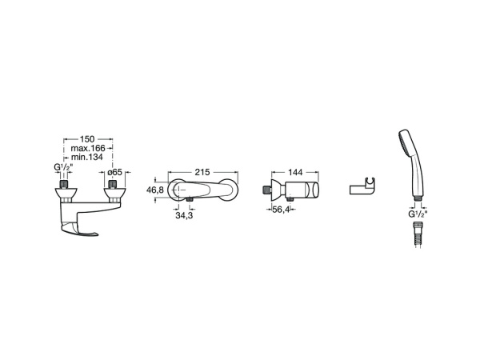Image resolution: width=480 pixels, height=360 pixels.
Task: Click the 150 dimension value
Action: (87, 139)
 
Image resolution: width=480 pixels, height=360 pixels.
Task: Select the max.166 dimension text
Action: (88, 149)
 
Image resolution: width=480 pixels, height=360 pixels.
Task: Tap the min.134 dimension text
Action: (87, 158)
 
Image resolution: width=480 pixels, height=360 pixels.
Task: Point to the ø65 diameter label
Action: (115, 172)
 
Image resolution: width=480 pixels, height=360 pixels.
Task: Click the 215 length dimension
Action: (202, 172)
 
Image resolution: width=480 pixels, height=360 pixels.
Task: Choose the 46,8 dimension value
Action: (155, 190)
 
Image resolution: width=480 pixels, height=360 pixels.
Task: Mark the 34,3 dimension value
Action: (184, 215)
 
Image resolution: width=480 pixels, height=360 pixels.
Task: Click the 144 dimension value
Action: (295, 172)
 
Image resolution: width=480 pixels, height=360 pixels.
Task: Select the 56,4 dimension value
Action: (281, 210)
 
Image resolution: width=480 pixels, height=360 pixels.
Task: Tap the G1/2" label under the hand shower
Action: (418, 214)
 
